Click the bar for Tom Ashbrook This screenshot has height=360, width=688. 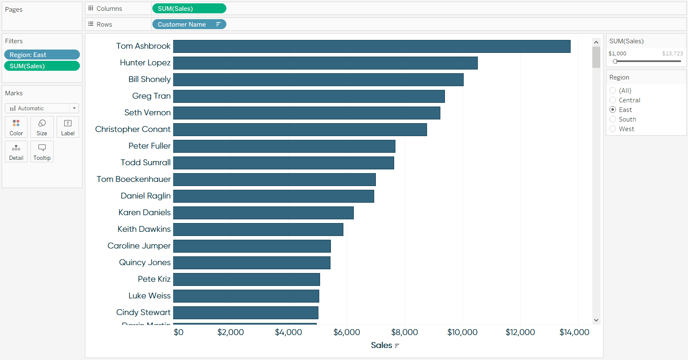pyautogui.click(x=371, y=46)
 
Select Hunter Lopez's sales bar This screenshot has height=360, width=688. pyautogui.click(x=325, y=63)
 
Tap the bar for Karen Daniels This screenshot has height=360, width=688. pyautogui.click(x=263, y=213)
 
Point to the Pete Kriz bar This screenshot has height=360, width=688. pyautogui.click(x=246, y=279)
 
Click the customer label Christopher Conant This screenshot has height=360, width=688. pyautogui.click(x=133, y=129)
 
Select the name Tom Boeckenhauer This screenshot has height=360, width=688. pyautogui.click(x=134, y=179)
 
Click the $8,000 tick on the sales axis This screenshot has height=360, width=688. pyautogui.click(x=404, y=332)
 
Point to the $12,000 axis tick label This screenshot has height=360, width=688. pyautogui.click(x=520, y=332)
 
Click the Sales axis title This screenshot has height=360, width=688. pyautogui.click(x=382, y=345)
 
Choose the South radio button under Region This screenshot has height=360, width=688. pyautogui.click(x=613, y=119)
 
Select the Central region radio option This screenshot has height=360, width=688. pyautogui.click(x=613, y=100)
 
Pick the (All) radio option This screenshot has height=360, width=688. pyautogui.click(x=613, y=91)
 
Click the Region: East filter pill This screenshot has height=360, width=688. pyautogui.click(x=42, y=55)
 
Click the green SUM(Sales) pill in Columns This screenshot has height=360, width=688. pyautogui.click(x=189, y=8)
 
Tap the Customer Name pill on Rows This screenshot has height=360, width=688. pyautogui.click(x=189, y=24)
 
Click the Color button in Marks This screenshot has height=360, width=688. pyautogui.click(x=16, y=127)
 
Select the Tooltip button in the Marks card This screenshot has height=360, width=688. pyautogui.click(x=42, y=151)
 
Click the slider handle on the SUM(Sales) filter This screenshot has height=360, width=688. pyautogui.click(x=615, y=61)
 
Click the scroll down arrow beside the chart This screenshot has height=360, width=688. pyautogui.click(x=596, y=320)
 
